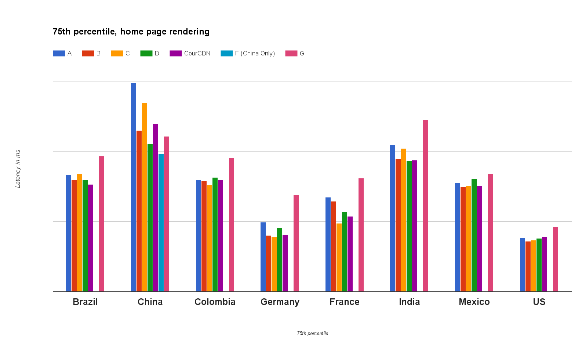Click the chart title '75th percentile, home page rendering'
click(x=131, y=32)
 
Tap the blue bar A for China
click(x=134, y=187)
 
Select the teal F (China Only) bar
click(x=161, y=222)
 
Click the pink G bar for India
click(x=426, y=206)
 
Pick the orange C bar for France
click(x=339, y=257)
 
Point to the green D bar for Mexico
click(x=474, y=235)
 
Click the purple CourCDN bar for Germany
click(x=285, y=263)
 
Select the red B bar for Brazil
click(x=74, y=236)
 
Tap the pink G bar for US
click(x=556, y=259)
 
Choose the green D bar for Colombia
click(x=215, y=234)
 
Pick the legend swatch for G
click(x=291, y=54)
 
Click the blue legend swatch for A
click(x=59, y=54)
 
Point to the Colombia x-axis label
click(x=215, y=302)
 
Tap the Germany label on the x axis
click(x=280, y=302)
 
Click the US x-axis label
click(x=539, y=302)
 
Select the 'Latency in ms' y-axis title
click(x=18, y=169)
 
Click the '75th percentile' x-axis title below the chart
click(x=313, y=334)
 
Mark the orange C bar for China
click(x=145, y=197)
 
